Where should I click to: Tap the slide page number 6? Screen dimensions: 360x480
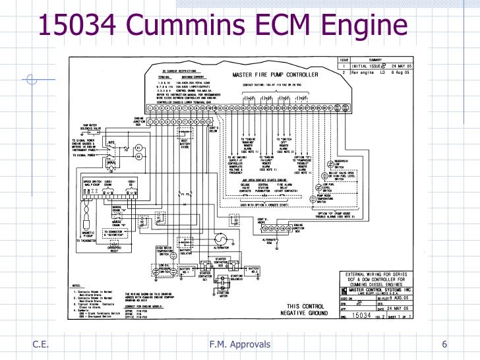point(444,345)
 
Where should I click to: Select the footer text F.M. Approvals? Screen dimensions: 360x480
point(239,345)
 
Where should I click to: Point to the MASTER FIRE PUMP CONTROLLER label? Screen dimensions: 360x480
point(275,75)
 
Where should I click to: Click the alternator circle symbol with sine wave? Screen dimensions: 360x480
point(222,241)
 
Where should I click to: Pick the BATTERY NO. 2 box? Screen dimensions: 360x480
point(253,270)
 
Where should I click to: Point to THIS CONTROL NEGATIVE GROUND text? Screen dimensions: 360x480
point(305,310)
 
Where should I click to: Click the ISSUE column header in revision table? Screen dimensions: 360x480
point(344,60)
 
